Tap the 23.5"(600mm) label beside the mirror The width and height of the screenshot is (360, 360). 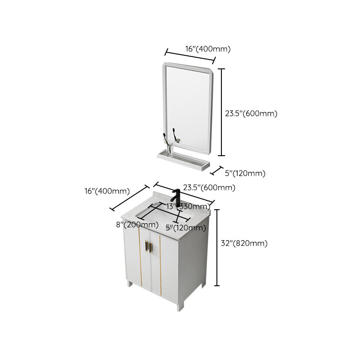251,113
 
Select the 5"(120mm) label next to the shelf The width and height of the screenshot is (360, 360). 245,173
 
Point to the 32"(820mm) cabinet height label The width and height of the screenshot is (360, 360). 244,243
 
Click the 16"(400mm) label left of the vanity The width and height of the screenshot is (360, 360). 107,191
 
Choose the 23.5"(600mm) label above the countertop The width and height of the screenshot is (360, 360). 209,188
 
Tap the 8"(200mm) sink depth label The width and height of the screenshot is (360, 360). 134,225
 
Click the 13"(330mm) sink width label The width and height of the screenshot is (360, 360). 185,207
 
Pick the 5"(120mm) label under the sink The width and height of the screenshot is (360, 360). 186,228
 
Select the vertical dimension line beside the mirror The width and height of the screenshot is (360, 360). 221,112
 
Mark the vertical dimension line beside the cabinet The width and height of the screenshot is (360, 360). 218,247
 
